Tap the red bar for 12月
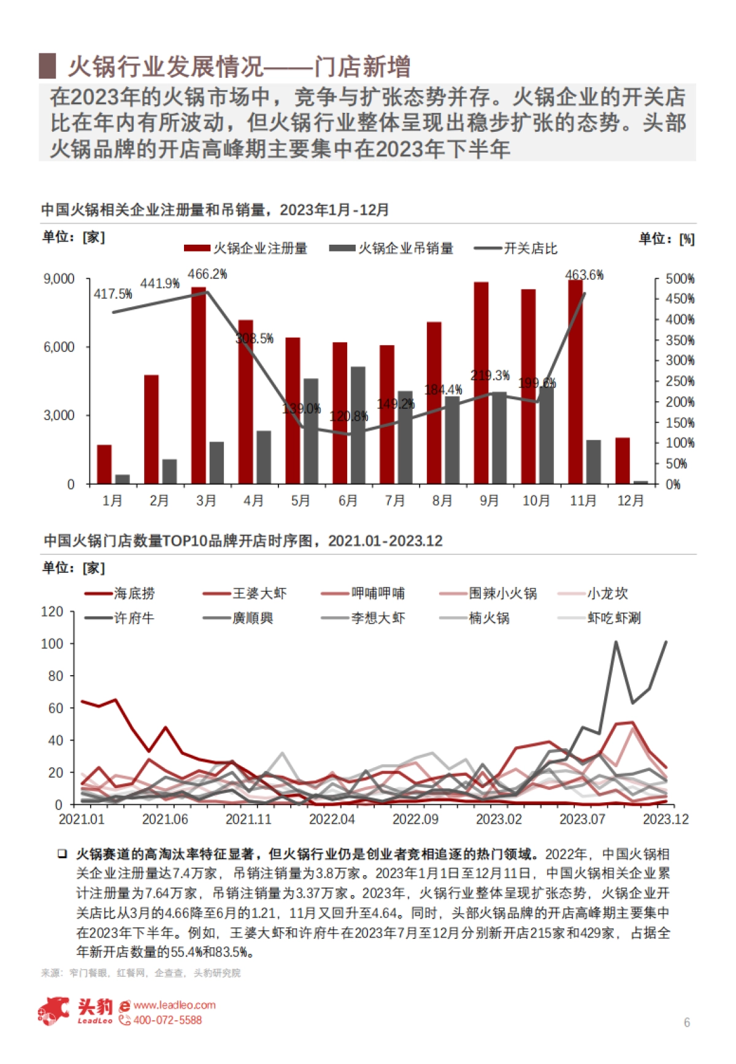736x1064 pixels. [x=623, y=461]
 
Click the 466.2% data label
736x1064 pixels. [x=207, y=274]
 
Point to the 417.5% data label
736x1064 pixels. [x=113, y=294]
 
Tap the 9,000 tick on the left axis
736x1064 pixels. [x=59, y=279]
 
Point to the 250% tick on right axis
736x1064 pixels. [x=680, y=381]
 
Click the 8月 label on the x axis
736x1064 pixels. [x=442, y=501]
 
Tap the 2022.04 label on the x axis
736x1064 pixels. [x=332, y=819]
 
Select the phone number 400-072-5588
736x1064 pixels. [x=167, y=1020]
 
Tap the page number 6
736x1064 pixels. [x=687, y=1022]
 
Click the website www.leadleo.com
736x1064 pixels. [x=174, y=1005]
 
